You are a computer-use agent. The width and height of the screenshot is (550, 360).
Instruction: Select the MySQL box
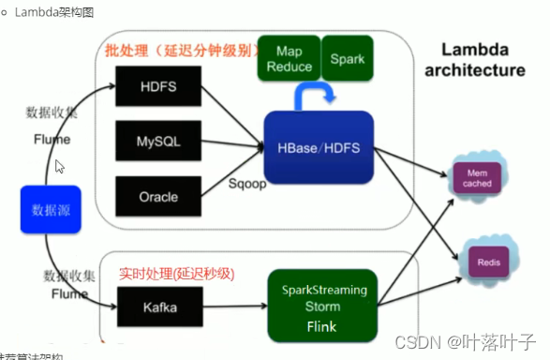pyautogui.click(x=150, y=143)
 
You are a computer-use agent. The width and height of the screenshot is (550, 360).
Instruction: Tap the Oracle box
pyautogui.click(x=150, y=197)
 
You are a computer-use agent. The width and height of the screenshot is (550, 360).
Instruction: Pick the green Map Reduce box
pyautogui.click(x=289, y=58)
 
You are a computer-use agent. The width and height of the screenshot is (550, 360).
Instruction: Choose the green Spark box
pyautogui.click(x=348, y=58)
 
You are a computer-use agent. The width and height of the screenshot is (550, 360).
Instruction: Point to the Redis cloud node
pyautogui.click(x=486, y=262)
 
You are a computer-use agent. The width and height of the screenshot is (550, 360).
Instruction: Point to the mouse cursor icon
pyautogui.click(x=60, y=166)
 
